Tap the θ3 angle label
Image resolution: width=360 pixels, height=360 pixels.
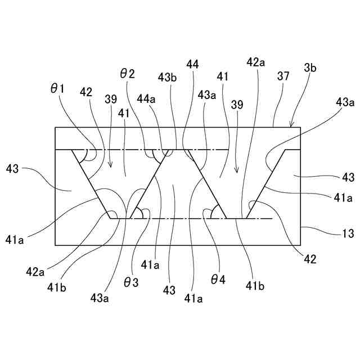point(130,282)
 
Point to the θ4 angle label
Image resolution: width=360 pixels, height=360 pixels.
point(218,278)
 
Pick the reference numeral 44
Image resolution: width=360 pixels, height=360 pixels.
point(192,65)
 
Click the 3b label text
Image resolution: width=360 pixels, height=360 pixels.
point(310,68)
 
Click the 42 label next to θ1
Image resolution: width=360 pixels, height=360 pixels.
point(86,92)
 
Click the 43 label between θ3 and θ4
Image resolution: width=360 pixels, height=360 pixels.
point(169,290)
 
